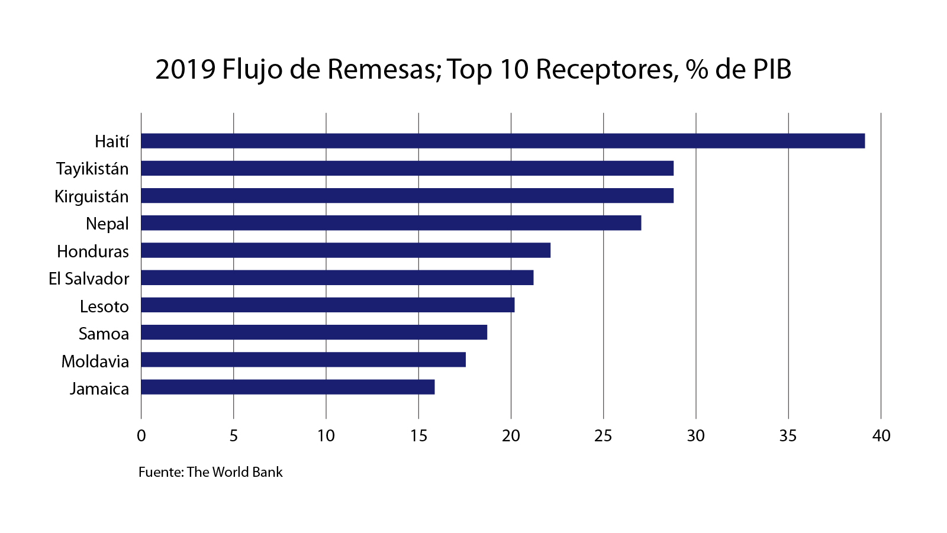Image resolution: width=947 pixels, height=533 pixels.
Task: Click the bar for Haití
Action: click(x=503, y=141)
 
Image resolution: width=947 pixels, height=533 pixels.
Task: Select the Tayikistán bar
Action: click(x=407, y=169)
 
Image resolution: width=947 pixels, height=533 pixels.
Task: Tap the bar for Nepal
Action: click(x=391, y=223)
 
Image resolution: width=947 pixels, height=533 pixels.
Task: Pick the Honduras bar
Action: click(x=346, y=250)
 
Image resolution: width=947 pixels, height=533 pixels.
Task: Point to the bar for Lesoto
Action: click(x=327, y=305)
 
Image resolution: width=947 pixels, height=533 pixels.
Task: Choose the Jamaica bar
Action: click(x=288, y=387)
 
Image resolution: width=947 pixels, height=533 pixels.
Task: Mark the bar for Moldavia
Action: click(x=303, y=360)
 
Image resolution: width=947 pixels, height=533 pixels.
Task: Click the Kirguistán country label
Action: click(x=92, y=196)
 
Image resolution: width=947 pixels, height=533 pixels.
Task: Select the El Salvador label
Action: click(x=89, y=279)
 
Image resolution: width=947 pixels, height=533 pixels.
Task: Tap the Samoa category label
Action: click(x=104, y=334)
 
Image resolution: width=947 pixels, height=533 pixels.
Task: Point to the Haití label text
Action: click(x=112, y=141)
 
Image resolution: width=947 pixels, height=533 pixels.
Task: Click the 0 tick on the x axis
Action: click(x=141, y=436)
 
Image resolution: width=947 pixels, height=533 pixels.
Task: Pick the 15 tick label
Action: click(x=418, y=436)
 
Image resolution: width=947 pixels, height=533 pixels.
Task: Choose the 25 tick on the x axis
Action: click(x=603, y=436)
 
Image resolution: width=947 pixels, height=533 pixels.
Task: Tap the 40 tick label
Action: click(x=881, y=436)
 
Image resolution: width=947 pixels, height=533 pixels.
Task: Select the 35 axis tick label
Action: click(x=788, y=436)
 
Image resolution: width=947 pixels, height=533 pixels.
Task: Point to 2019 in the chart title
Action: click(x=185, y=69)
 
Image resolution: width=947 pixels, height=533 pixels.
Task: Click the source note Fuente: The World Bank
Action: click(x=211, y=472)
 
